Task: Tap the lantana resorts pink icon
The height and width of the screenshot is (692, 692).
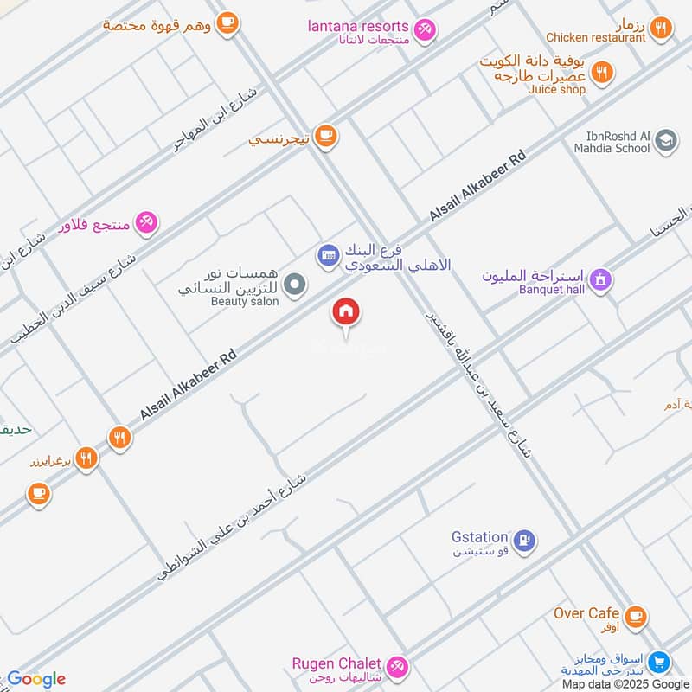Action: pyautogui.click(x=425, y=30)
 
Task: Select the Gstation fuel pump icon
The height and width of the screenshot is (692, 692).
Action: pyautogui.click(x=523, y=541)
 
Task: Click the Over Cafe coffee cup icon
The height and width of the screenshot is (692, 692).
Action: pyautogui.click(x=636, y=616)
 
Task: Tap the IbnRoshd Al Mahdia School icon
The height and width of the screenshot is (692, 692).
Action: pyautogui.click(x=665, y=141)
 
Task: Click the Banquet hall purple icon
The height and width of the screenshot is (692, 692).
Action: pyautogui.click(x=600, y=279)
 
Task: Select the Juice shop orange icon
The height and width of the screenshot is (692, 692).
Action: pyautogui.click(x=603, y=73)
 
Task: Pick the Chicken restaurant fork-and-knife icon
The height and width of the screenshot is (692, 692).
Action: pyautogui.click(x=661, y=28)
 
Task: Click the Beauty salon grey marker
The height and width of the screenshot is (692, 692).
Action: pyautogui.click(x=296, y=285)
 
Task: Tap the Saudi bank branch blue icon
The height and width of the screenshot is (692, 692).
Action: pyautogui.click(x=329, y=254)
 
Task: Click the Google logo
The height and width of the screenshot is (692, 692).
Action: pyautogui.click(x=35, y=678)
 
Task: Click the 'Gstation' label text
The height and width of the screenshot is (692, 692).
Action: pyautogui.click(x=479, y=537)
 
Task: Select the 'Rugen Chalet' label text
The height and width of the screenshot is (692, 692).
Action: pyautogui.click(x=336, y=663)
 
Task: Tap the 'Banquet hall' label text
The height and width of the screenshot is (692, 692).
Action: pyautogui.click(x=552, y=289)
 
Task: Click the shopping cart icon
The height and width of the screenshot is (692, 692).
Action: pyautogui.click(x=660, y=663)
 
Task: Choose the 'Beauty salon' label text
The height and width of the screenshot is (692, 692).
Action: pyautogui.click(x=245, y=302)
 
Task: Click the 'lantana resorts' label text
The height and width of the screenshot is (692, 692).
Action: pyautogui.click(x=358, y=26)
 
